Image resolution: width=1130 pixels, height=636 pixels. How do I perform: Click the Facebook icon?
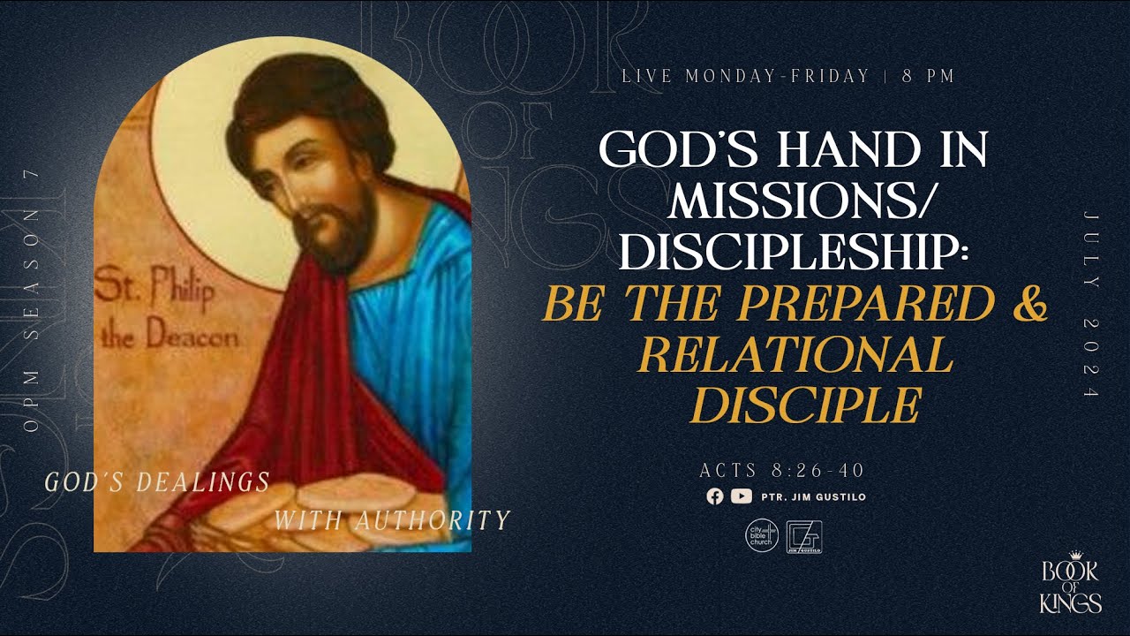715,496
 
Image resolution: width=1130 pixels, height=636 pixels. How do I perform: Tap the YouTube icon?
742,496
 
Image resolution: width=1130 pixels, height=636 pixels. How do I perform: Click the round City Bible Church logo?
763,535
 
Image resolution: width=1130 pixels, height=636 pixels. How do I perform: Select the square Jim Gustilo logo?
804,536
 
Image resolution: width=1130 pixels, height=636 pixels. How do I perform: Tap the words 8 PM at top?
929,76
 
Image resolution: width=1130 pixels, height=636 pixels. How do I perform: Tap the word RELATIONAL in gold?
795,355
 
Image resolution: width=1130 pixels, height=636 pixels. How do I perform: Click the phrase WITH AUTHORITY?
392,520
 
